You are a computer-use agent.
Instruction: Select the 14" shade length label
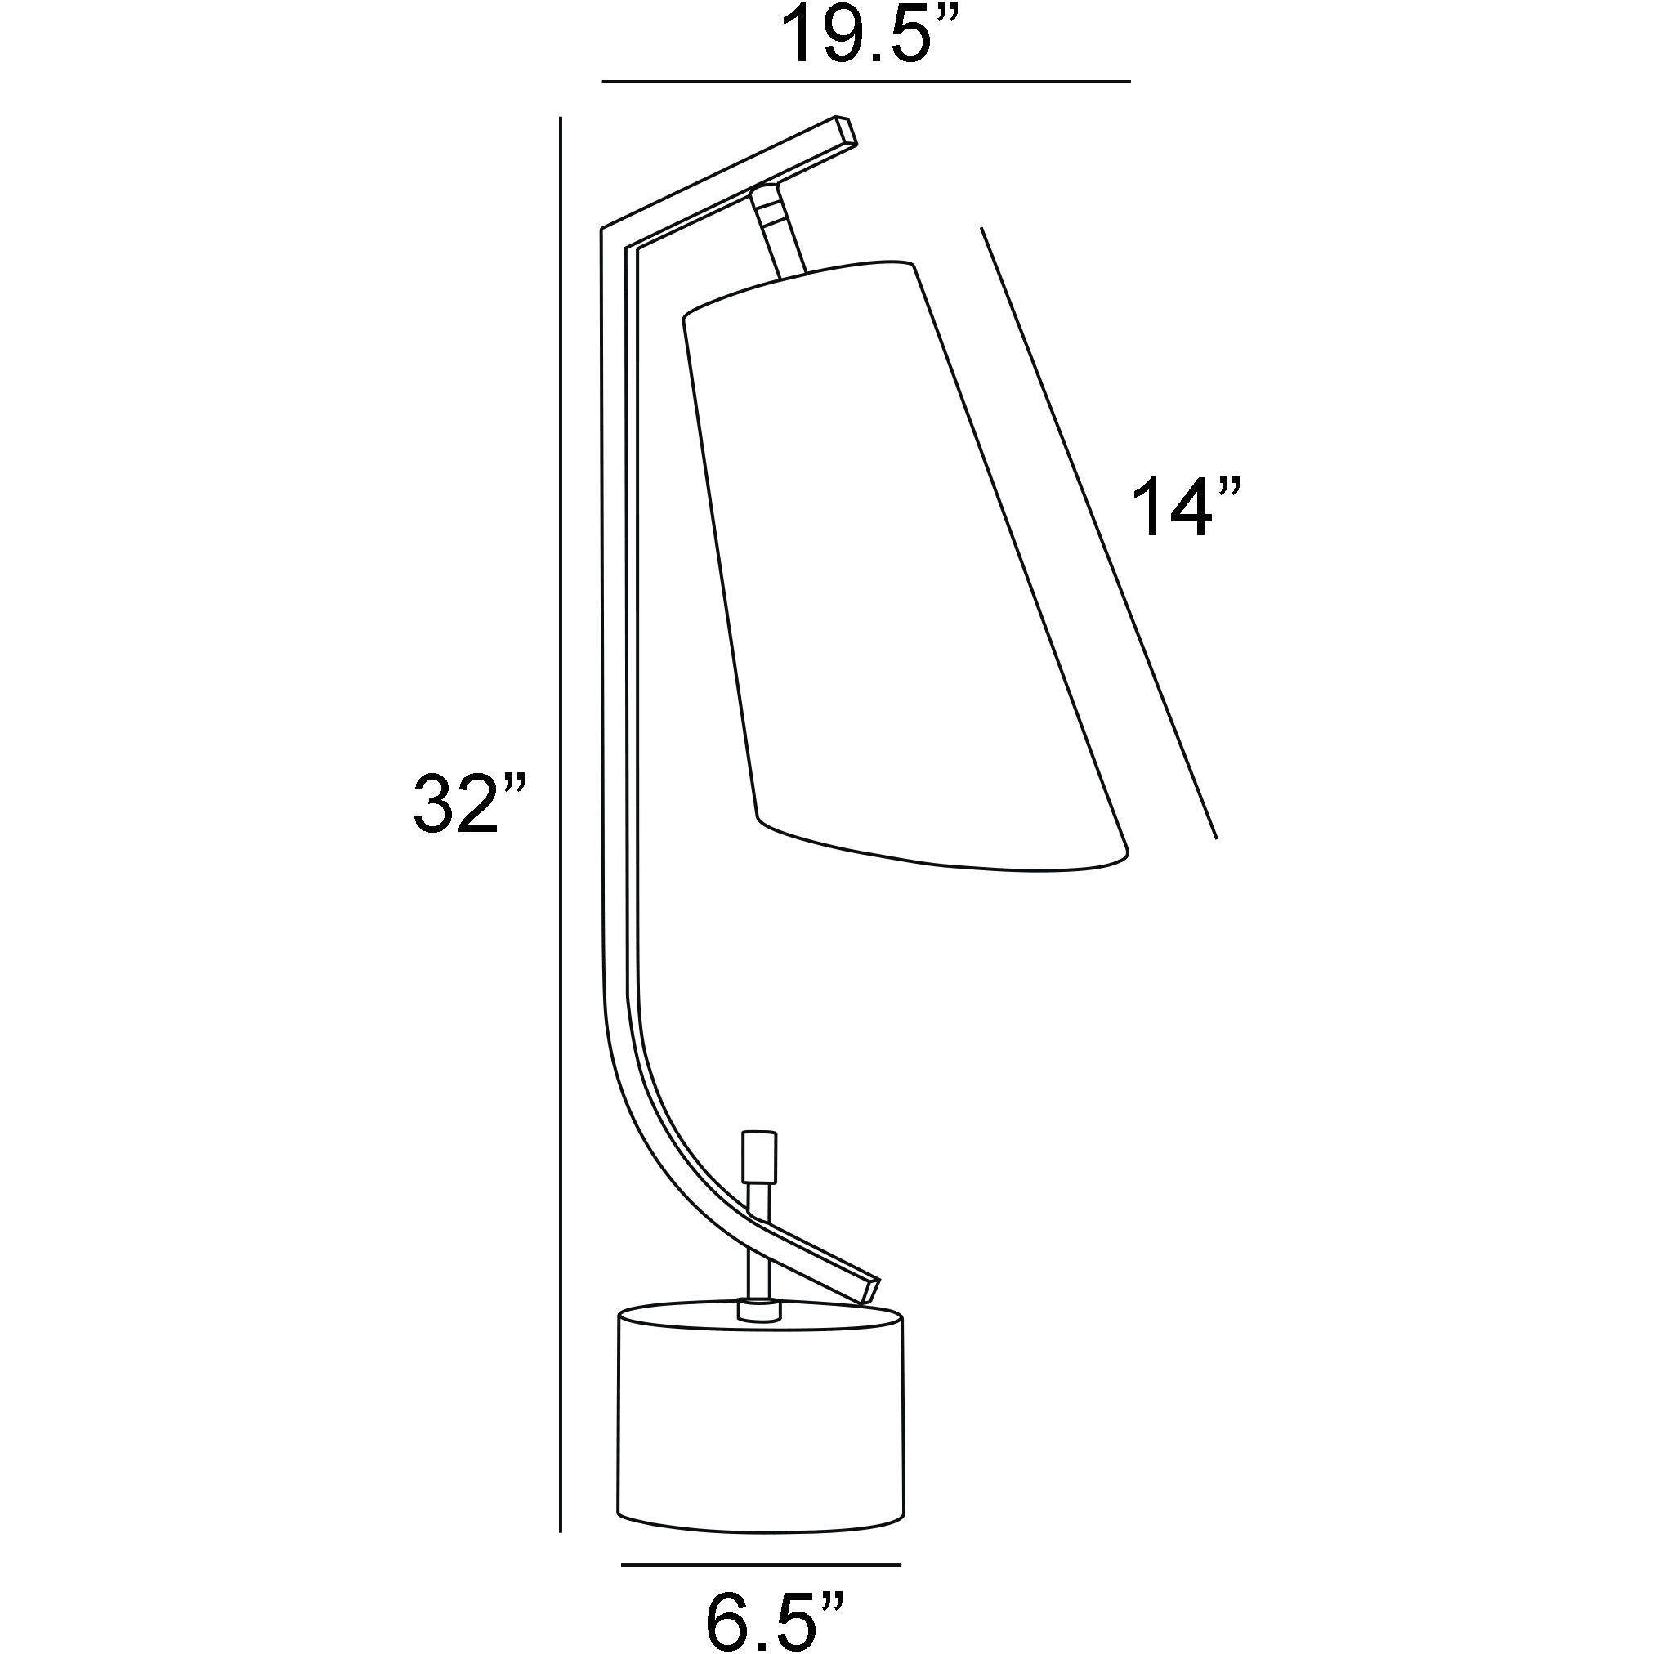point(1187,508)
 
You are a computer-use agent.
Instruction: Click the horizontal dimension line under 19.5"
point(866,83)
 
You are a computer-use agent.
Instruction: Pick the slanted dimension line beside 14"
point(1099,533)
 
